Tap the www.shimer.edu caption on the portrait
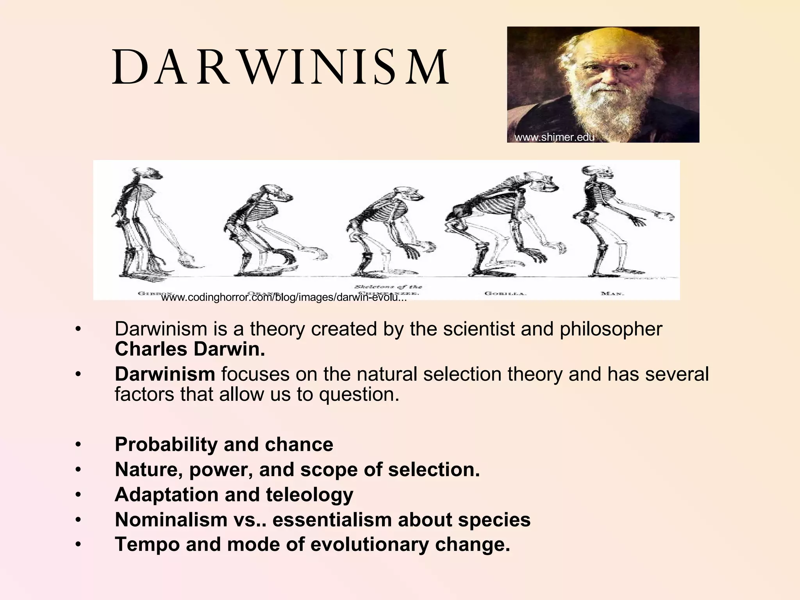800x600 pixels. [x=554, y=137]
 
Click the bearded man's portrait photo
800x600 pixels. [x=603, y=84]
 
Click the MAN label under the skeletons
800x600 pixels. [x=612, y=293]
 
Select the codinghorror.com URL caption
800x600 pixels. [x=284, y=298]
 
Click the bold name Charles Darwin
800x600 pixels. [x=190, y=349]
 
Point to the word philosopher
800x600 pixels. [x=611, y=329]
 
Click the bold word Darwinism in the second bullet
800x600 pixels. [x=165, y=374]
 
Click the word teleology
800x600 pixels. [x=309, y=495]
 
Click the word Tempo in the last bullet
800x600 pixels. [x=147, y=544]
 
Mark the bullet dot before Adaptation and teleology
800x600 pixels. [x=79, y=495]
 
